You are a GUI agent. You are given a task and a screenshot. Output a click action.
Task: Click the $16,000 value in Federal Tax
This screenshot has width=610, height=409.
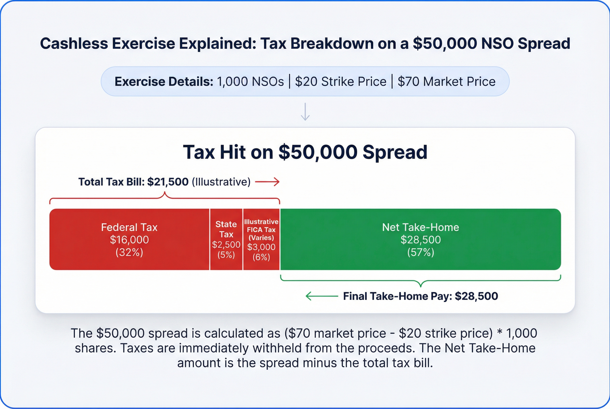(129, 240)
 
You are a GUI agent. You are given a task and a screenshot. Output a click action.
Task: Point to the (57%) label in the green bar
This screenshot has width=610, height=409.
(421, 252)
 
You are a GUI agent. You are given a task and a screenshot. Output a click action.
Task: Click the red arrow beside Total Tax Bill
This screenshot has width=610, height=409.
(267, 182)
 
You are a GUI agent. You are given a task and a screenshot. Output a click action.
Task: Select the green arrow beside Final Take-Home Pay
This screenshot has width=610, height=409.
(322, 296)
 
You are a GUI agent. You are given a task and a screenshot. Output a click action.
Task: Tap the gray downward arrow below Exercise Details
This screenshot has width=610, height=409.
(305, 112)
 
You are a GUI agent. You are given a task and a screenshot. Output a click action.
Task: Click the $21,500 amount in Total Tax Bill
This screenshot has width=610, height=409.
(167, 182)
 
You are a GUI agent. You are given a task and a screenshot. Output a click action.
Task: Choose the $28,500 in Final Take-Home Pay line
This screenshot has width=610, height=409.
(476, 296)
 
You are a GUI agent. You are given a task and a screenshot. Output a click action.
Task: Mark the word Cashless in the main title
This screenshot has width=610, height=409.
(74, 43)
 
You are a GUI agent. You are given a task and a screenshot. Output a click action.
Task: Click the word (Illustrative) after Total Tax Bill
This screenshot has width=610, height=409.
(221, 182)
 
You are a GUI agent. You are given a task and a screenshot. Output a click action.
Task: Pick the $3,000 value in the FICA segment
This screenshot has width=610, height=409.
(261, 247)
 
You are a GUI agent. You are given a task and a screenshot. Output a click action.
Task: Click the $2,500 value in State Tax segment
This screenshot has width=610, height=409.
(226, 244)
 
